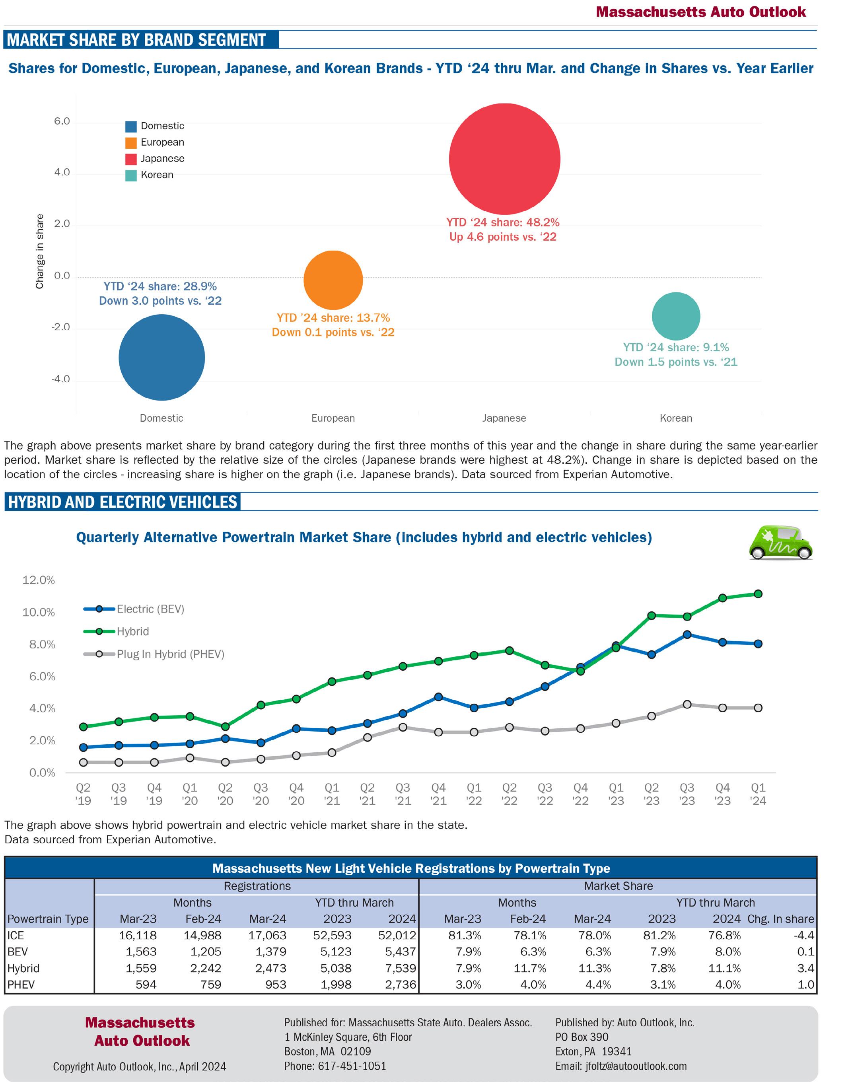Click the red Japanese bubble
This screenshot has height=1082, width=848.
504,159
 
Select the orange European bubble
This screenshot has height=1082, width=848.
333,280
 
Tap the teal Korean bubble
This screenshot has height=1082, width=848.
676,316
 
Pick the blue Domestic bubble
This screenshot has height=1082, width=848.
162,358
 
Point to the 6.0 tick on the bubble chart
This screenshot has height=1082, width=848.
62,121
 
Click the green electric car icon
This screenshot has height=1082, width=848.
780,543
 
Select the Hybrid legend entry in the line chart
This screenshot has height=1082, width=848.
132,631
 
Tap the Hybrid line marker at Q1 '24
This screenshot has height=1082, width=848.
758,594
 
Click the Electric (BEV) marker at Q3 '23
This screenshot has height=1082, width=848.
687,634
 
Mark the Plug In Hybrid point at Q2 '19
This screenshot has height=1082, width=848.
84,762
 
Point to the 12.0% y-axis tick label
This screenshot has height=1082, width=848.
39,580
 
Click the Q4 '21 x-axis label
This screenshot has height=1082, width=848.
438,794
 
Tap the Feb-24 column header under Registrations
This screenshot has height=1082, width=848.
203,919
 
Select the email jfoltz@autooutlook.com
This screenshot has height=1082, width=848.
636,1066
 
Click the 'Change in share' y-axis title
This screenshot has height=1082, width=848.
40,251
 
